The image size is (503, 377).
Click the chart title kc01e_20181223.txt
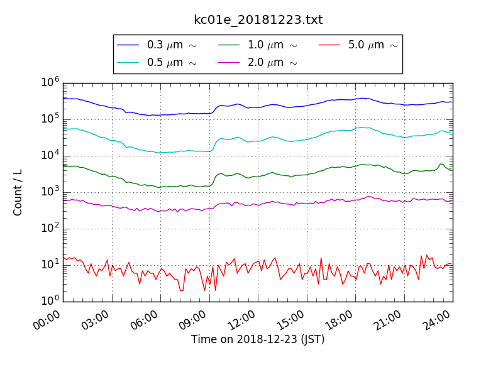click(258, 20)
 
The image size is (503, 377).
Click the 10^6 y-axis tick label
click(50, 82)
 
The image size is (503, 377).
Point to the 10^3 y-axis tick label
click(50, 192)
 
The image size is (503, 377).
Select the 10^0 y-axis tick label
click(50, 301)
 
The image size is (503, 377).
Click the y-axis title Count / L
click(18, 192)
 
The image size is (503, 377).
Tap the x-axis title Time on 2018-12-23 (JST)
click(258, 339)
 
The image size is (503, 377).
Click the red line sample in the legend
click(329, 45)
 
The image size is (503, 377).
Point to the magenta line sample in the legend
click(229, 63)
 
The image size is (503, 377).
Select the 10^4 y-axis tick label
click(50, 155)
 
